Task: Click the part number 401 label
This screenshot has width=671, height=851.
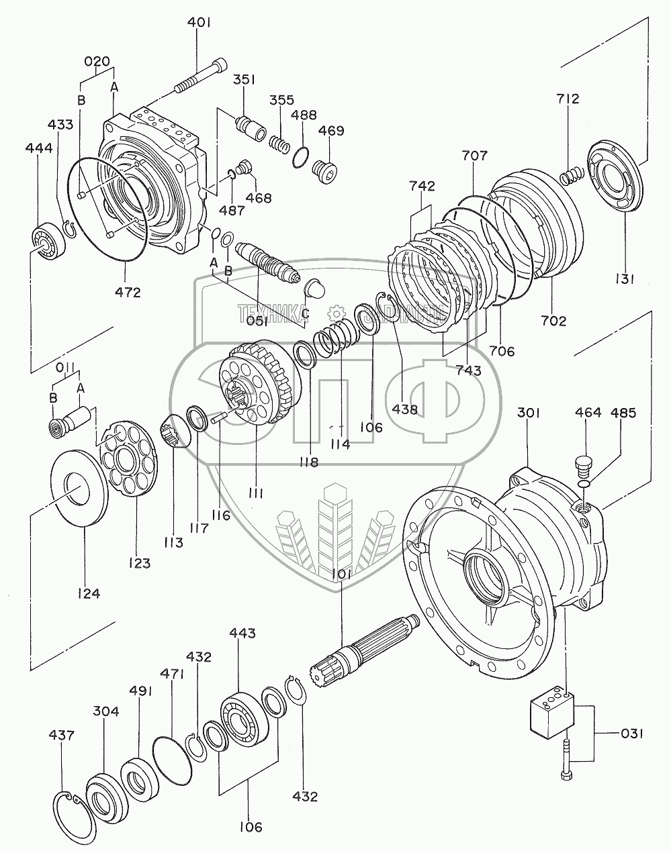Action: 199,22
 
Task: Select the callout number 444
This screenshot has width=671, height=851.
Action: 39,148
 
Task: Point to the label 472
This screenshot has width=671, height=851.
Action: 128,292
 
